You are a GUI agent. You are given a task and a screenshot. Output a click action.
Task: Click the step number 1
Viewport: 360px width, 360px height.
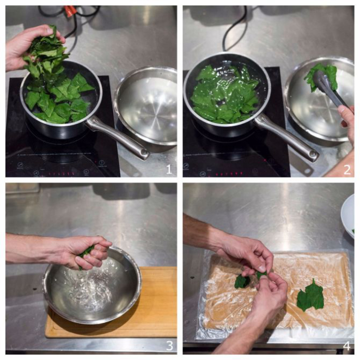click(169, 169)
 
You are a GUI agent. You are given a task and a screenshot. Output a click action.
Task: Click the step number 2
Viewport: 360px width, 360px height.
click(347, 170)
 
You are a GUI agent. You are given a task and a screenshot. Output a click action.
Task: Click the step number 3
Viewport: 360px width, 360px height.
click(169, 346)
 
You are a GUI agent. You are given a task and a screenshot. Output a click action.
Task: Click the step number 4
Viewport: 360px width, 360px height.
click(347, 346)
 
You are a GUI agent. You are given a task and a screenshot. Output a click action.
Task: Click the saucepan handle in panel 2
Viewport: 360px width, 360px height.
click(287, 136)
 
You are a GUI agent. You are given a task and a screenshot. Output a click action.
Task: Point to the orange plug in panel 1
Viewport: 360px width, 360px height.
click(71, 9)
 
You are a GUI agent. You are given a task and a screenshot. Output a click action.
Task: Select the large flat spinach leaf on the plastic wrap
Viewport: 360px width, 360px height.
click(310, 295)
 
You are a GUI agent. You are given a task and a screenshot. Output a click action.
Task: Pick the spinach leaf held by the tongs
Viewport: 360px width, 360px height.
click(321, 77)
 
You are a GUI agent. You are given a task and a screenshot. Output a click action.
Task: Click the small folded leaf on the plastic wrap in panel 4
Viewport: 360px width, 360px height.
click(242, 282)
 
